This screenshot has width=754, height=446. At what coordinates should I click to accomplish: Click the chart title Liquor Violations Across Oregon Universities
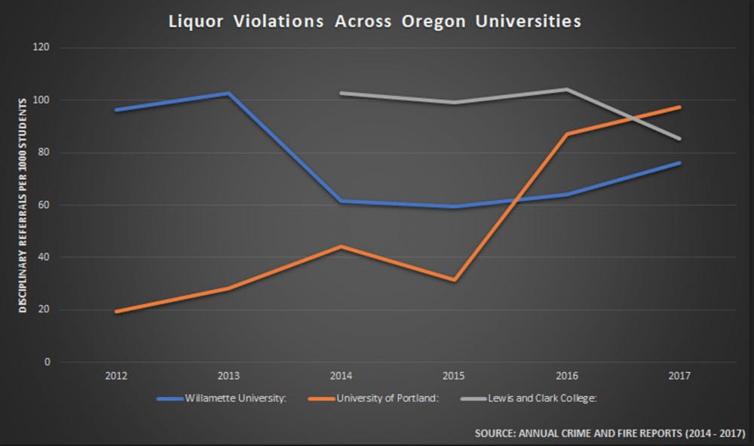[375, 21]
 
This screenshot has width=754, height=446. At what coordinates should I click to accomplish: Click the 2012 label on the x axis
[115, 375]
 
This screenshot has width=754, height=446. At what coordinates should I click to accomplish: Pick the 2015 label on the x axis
[454, 375]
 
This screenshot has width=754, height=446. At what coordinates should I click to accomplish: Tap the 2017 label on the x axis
[679, 375]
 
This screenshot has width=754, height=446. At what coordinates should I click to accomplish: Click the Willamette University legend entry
[222, 398]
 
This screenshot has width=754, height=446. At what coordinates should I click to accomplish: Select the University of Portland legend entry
[375, 398]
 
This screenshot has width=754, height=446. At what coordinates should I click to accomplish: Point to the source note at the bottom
[609, 434]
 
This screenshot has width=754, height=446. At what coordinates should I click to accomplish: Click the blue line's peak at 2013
[228, 94]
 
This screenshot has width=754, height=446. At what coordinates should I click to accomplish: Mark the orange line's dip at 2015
[454, 280]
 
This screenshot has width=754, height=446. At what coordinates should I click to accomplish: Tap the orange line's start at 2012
[115, 311]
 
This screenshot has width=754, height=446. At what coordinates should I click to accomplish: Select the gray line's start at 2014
[341, 93]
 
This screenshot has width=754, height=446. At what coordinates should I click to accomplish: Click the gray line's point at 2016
[566, 89]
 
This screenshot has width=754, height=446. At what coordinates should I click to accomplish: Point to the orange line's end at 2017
[679, 107]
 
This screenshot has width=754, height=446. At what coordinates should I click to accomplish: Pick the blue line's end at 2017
[679, 163]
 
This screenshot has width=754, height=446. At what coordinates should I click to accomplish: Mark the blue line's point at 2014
[341, 201]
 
